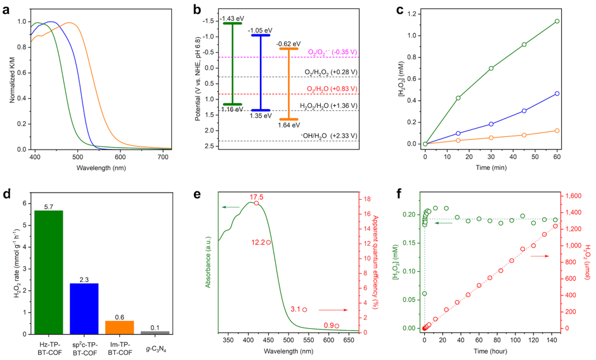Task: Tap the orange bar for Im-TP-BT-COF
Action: click(x=120, y=327)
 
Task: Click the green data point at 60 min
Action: click(x=557, y=22)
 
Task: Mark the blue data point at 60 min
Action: click(x=557, y=93)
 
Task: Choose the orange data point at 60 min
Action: click(x=557, y=131)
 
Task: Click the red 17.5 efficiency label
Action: click(x=257, y=196)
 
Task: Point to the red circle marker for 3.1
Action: click(x=305, y=310)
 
